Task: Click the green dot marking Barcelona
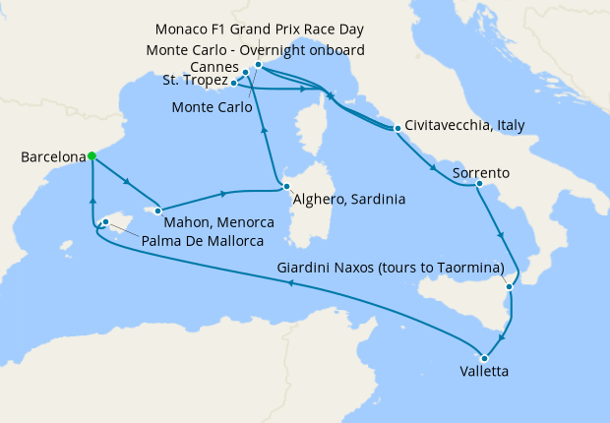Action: tap(91, 155)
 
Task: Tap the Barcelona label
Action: tap(51, 156)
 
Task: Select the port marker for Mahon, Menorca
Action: tap(157, 209)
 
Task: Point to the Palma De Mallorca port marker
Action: tap(104, 222)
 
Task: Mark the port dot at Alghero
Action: tap(285, 186)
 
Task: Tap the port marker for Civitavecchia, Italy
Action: tap(396, 128)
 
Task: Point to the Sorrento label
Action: tap(480, 173)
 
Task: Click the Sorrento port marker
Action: tap(478, 183)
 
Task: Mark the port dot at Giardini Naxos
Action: tap(509, 286)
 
